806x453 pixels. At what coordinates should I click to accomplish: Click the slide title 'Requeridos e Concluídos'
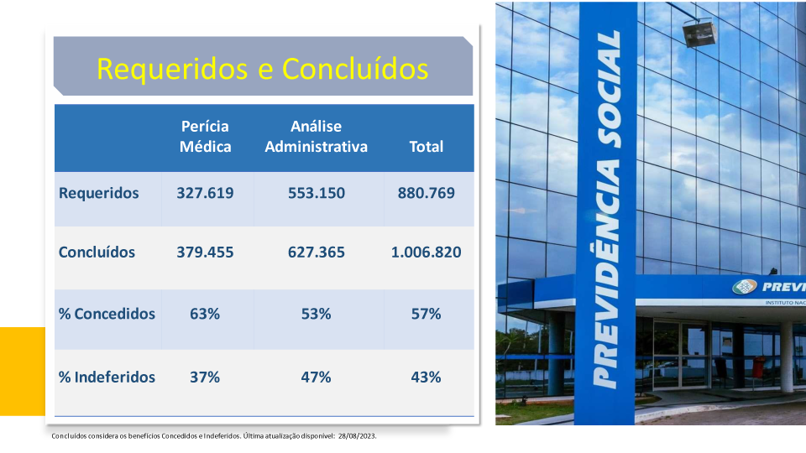click(x=263, y=69)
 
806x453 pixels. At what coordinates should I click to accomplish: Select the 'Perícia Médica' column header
click(x=205, y=137)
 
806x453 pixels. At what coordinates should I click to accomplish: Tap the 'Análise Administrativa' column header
click(x=317, y=137)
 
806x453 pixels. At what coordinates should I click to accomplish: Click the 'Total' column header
click(x=427, y=147)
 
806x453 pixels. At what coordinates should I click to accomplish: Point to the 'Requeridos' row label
click(x=99, y=193)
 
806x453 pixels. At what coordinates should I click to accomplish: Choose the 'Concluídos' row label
click(x=97, y=253)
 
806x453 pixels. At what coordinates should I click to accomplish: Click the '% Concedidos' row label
click(x=107, y=314)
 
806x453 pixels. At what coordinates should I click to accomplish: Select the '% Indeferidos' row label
click(x=107, y=377)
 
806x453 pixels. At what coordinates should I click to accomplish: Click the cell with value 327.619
click(x=205, y=193)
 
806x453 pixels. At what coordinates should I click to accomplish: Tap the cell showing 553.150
click(x=317, y=193)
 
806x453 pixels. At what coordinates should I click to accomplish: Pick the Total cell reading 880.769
click(x=427, y=193)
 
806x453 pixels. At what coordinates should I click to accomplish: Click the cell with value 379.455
click(x=205, y=253)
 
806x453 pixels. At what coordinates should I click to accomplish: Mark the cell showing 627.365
click(x=317, y=253)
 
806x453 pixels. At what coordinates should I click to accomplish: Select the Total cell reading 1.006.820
click(x=427, y=253)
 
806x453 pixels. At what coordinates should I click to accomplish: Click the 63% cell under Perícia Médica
click(x=205, y=314)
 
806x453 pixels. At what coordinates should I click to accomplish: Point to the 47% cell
click(x=317, y=377)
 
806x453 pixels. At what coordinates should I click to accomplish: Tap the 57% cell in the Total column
click(x=427, y=314)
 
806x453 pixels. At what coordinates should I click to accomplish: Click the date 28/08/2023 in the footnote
click(x=358, y=436)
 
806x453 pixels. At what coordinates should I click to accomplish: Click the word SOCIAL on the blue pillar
click(x=610, y=89)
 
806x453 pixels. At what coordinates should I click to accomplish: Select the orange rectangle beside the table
click(x=23, y=372)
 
